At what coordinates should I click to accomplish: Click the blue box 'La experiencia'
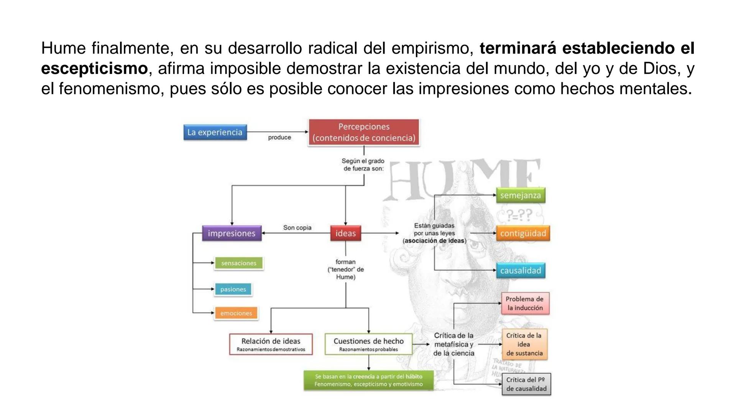tap(215, 132)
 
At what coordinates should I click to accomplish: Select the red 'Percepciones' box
tap(364, 132)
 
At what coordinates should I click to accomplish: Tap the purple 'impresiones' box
tap(232, 233)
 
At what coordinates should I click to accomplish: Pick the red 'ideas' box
tap(345, 233)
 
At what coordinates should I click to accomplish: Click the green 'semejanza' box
tap(520, 195)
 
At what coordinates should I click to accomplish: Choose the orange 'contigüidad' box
tap(523, 233)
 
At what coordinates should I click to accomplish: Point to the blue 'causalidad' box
tap(520, 271)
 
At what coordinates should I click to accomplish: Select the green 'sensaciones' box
tap(238, 263)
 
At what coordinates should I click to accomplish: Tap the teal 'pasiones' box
tap(233, 289)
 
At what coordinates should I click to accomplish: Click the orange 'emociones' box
tap(236, 313)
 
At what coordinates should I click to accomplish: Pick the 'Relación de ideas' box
tap(271, 344)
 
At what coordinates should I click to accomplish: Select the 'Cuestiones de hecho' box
tap(368, 344)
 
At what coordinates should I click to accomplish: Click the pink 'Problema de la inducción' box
tap(525, 303)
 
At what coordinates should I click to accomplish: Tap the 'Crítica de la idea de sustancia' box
tap(524, 344)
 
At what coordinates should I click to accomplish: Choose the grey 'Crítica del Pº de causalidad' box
tap(526, 384)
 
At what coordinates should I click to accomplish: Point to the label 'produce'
tap(279, 137)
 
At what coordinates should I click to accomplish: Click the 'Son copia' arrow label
tap(297, 228)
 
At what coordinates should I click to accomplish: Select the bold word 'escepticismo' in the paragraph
tap(94, 69)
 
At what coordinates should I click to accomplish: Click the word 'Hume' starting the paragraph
tap(63, 48)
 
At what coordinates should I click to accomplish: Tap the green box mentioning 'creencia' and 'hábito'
tap(368, 380)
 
